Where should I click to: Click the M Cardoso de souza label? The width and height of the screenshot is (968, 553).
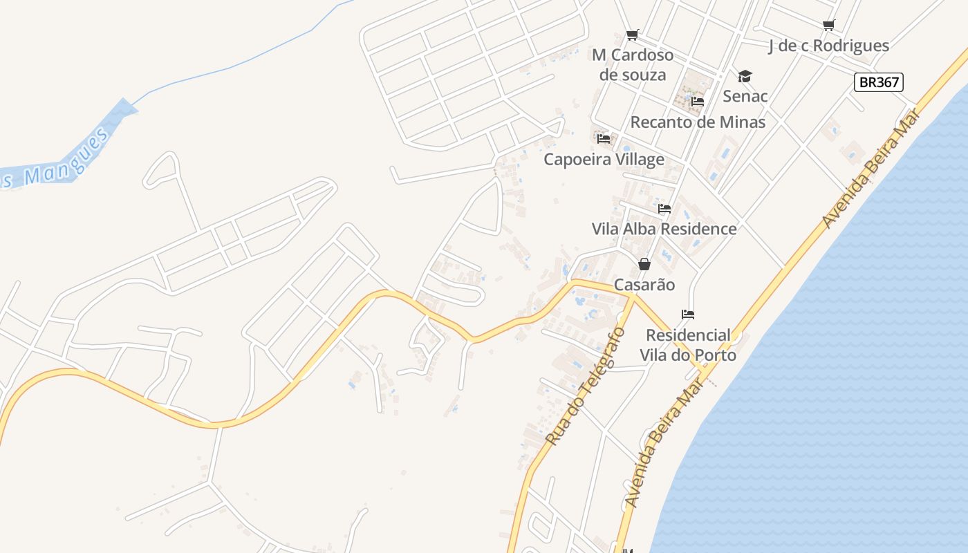[x=633, y=64]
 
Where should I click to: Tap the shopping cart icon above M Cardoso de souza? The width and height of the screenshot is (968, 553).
[x=632, y=35]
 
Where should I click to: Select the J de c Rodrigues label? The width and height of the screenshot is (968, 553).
[x=829, y=46]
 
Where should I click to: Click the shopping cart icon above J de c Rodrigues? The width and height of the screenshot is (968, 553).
[x=828, y=26]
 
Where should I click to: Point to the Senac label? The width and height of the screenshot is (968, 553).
[x=745, y=95]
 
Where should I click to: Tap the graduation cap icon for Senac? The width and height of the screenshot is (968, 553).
[x=745, y=75]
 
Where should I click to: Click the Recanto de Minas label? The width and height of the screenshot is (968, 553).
[x=698, y=122]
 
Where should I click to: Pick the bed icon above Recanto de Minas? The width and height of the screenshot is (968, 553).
[x=698, y=102]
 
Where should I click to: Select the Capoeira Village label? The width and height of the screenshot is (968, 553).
[x=604, y=159]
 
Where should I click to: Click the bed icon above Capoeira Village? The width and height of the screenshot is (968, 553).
[x=604, y=139]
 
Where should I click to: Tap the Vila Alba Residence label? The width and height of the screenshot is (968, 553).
[x=664, y=228]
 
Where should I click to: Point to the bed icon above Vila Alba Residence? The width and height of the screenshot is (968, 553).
[x=664, y=208]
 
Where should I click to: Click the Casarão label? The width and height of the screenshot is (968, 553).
[x=644, y=284]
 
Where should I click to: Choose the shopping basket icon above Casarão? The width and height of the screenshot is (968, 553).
[x=644, y=264]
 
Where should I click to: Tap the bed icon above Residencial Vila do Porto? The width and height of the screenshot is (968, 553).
[x=687, y=315]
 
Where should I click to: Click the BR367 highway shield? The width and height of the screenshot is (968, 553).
[x=879, y=82]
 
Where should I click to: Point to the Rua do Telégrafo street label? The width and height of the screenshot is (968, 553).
[x=585, y=386]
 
